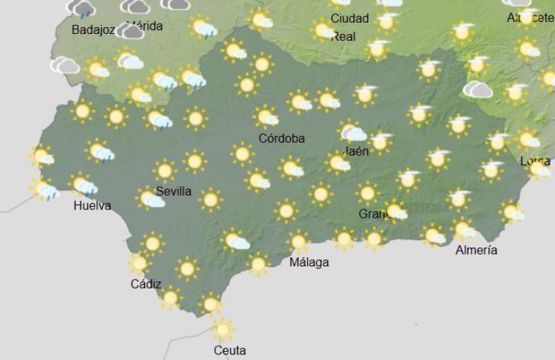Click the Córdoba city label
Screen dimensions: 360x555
tap(281, 138)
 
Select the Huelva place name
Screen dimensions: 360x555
tap(92, 205)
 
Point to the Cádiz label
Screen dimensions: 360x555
tap(146, 284)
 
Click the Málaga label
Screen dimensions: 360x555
tap(309, 262)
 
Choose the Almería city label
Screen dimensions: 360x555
tap(476, 250)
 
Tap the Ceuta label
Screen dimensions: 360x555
tap(230, 350)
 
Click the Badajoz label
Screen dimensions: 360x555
tap(93, 30)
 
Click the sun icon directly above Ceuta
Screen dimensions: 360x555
tap(222, 329)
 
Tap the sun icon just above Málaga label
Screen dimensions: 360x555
tap(299, 241)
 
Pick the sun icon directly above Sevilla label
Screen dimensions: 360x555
tap(165, 170)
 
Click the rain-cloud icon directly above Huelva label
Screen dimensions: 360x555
tap(84, 185)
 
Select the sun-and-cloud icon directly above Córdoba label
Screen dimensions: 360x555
tap(265, 117)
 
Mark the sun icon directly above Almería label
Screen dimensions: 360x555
tap(463, 228)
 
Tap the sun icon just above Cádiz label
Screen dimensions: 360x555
tap(139, 263)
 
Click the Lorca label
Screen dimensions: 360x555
tap(535, 161)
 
